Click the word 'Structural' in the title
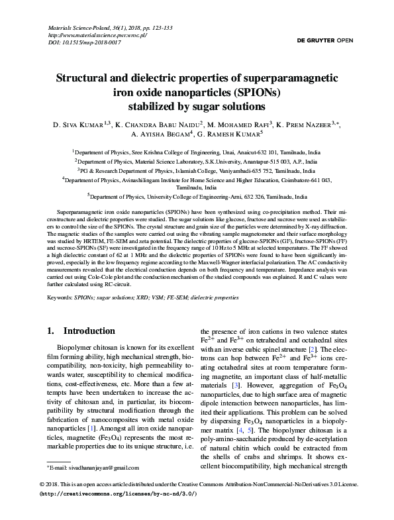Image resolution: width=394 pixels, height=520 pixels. point(93,78)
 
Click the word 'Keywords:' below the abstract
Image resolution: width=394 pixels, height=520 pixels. point(59,299)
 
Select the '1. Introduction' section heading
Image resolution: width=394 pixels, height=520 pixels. point(81,331)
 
